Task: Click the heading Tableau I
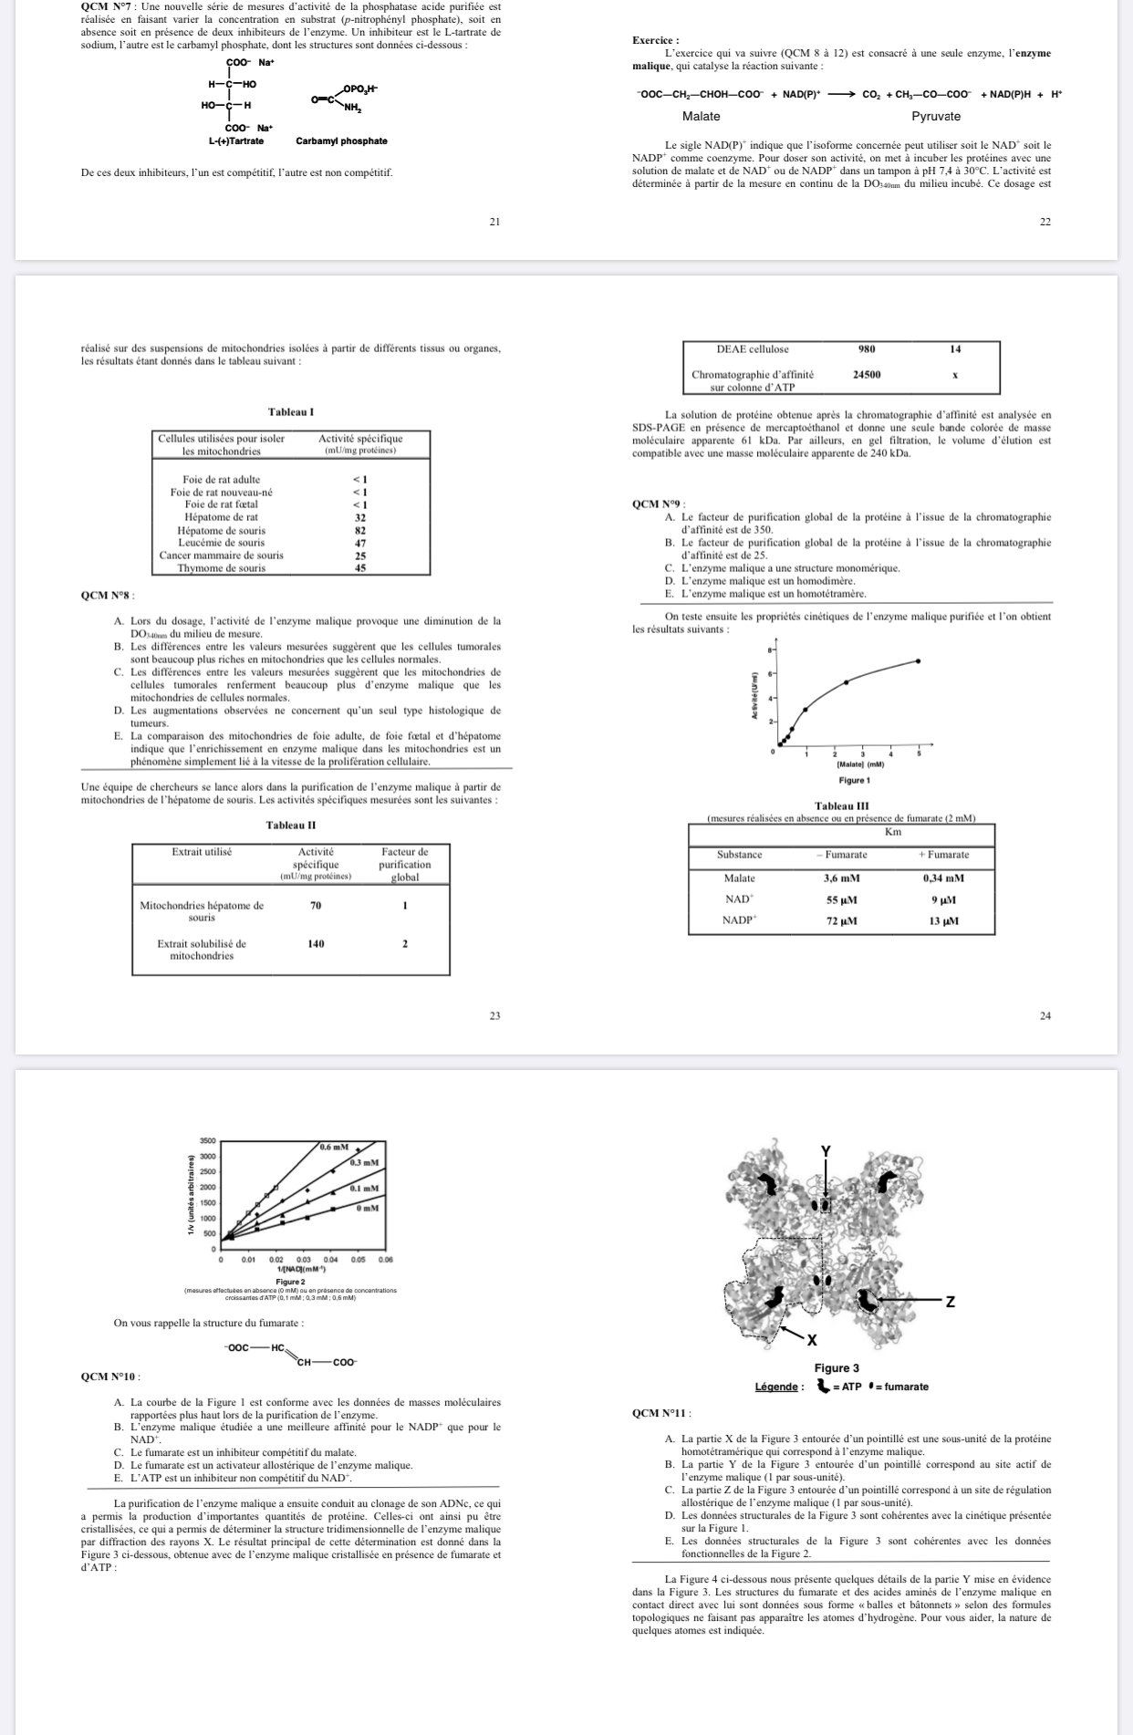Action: [x=291, y=412]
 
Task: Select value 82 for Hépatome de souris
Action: [x=360, y=530]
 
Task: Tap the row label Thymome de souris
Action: [x=222, y=568]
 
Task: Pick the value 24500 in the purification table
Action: [x=866, y=374]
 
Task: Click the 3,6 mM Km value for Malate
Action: [x=841, y=878]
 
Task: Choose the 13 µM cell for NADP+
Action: [x=943, y=921]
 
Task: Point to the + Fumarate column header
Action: [x=943, y=855]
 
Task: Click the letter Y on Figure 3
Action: [x=826, y=1151]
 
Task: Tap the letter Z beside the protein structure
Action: [x=950, y=1302]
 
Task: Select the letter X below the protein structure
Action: [x=812, y=1340]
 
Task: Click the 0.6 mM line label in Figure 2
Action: [x=334, y=1147]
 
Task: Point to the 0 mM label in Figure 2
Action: [x=368, y=1208]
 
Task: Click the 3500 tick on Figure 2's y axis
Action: [x=207, y=1141]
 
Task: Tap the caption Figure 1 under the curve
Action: [x=855, y=781]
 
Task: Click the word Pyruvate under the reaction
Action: [x=936, y=116]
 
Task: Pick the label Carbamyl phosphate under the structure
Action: [x=341, y=141]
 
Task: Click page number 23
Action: [x=494, y=1015]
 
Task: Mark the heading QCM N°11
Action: [x=661, y=1413]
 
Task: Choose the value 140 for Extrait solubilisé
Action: [x=316, y=944]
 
